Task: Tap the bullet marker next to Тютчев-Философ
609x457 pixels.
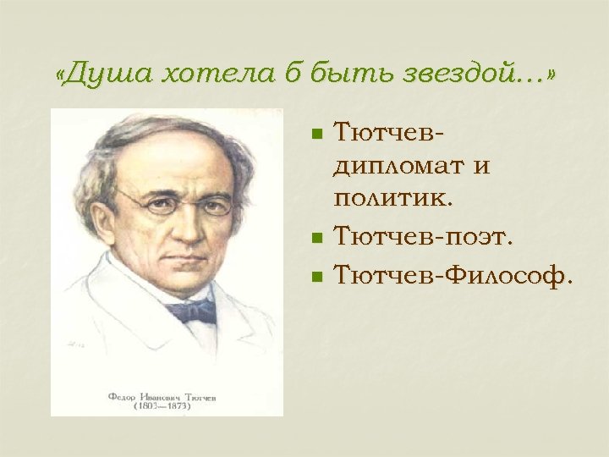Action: pyautogui.click(x=316, y=275)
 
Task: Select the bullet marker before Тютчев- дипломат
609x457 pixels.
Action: pyautogui.click(x=316, y=134)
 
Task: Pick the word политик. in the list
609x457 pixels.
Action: pyautogui.click(x=394, y=198)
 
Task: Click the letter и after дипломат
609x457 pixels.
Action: pyautogui.click(x=481, y=167)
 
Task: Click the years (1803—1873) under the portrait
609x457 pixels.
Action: pyautogui.click(x=161, y=405)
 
